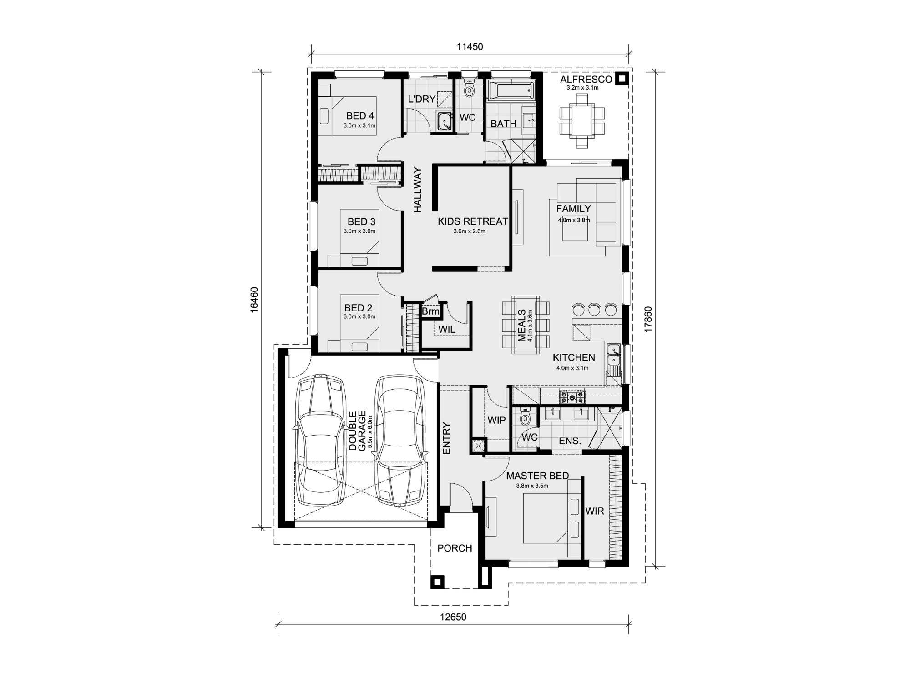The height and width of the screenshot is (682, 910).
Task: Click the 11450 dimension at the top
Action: tap(470, 46)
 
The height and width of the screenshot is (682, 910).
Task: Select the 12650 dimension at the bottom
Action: tap(453, 617)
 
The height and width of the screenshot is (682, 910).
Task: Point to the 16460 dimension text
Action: tap(254, 299)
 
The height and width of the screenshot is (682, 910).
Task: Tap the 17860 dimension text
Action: tap(648, 319)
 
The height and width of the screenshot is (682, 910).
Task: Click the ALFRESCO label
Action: tap(586, 80)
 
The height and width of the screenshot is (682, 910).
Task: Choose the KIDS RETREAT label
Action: tap(473, 221)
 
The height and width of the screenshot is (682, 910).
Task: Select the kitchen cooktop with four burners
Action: tap(572, 397)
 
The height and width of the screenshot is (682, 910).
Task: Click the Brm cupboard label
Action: tap(430, 311)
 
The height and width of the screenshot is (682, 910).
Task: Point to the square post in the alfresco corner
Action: tap(622, 80)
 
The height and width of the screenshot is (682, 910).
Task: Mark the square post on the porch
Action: tap(437, 582)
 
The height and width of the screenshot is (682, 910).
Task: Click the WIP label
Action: tap(496, 421)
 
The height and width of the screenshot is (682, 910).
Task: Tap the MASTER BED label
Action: tap(537, 476)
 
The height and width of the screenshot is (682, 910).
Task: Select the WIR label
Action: tap(595, 511)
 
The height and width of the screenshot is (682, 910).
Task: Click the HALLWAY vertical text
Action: tap(418, 190)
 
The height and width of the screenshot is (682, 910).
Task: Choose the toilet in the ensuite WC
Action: tap(526, 417)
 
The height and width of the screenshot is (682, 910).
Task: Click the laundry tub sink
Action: tap(444, 121)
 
